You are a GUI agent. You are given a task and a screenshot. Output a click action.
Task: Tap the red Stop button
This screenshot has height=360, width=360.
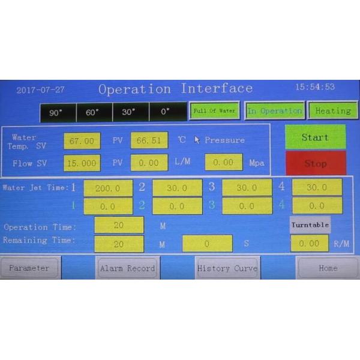pyautogui.click(x=315, y=163)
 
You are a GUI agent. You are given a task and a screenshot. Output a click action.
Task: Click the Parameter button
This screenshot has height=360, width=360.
pyautogui.click(x=29, y=268)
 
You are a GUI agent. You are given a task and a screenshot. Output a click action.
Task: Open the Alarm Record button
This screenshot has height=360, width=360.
pyautogui.click(x=127, y=268)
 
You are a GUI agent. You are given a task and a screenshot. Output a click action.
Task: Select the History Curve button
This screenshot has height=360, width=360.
pyautogui.click(x=227, y=268)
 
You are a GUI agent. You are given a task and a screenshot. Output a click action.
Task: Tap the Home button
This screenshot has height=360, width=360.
pyautogui.click(x=328, y=268)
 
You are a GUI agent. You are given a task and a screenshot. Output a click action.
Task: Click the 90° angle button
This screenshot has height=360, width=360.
pyautogui.click(x=56, y=112)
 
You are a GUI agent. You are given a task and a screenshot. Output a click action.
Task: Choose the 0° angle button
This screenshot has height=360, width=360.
pyautogui.click(x=166, y=112)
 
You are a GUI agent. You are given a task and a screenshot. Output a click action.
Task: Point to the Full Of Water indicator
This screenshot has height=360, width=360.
pyautogui.click(x=214, y=111)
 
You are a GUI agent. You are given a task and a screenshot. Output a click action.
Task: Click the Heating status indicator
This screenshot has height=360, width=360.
pyautogui.click(x=332, y=111)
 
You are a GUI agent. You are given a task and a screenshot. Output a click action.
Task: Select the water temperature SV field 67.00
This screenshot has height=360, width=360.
pyautogui.click(x=82, y=141)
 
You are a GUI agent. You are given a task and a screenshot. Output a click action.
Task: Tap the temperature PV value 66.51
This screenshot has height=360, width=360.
pyautogui.click(x=149, y=140)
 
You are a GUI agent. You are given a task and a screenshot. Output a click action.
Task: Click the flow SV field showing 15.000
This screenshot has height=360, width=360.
pyautogui.click(x=82, y=163)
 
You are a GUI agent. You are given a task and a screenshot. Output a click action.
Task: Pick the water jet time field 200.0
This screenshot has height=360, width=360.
pyautogui.click(x=108, y=188)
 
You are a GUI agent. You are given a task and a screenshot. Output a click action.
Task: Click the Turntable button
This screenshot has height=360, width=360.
pyautogui.click(x=310, y=225)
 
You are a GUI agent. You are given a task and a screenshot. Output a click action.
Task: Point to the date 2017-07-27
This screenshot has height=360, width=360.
pyautogui.click(x=41, y=90)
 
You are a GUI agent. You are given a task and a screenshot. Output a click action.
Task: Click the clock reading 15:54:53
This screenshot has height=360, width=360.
pyautogui.click(x=315, y=87)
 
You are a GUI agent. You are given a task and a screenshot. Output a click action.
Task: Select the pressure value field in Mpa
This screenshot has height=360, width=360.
pyautogui.click(x=223, y=163)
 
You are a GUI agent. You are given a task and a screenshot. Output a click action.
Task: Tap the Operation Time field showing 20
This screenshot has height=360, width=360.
pyautogui.click(x=119, y=225)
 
